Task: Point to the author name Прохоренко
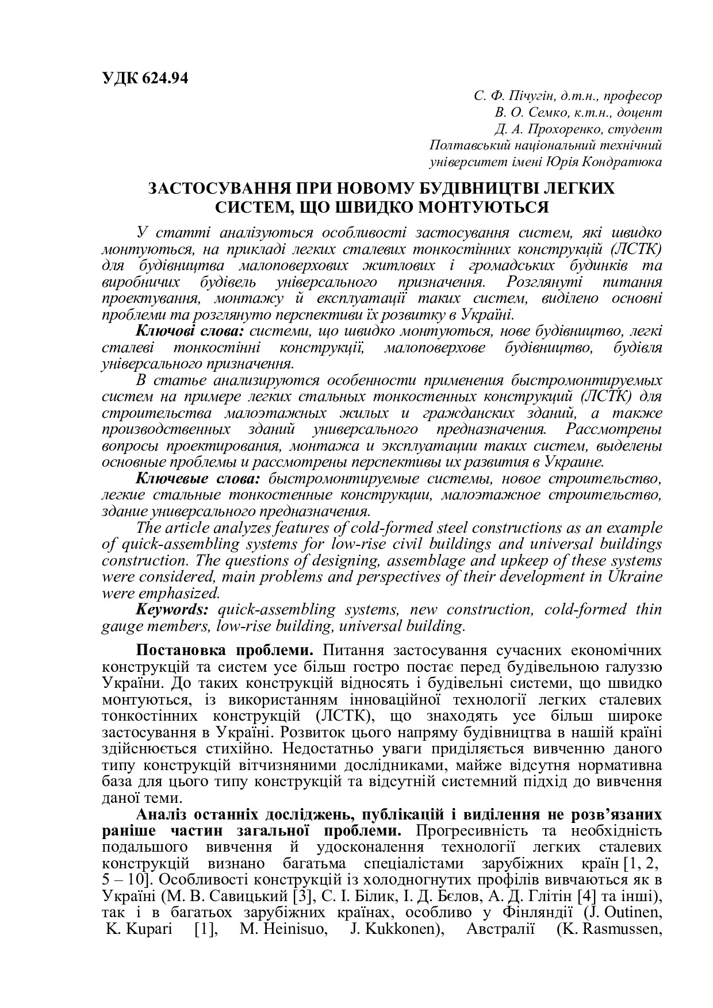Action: click(549, 129)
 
